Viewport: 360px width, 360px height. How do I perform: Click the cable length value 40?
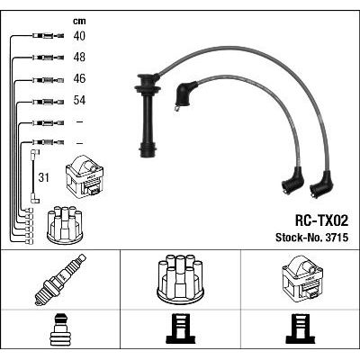[79, 36]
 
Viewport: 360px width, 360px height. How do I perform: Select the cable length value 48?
[79, 57]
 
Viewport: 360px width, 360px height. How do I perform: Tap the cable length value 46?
[79, 78]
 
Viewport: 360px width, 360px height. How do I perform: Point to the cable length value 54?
[79, 100]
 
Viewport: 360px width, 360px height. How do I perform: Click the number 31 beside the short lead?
[43, 177]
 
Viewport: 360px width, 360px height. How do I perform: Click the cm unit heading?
[79, 21]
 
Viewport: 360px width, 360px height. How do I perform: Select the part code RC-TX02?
[321, 221]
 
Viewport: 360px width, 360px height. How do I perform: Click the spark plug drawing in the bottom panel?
[60, 280]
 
